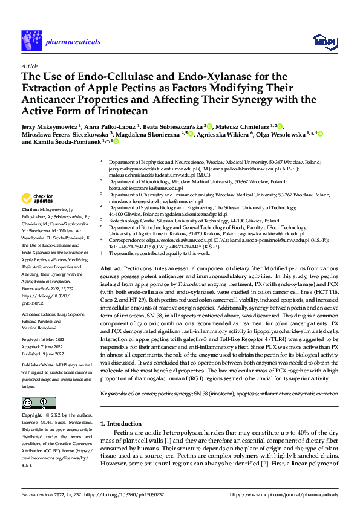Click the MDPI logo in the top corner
[321, 41]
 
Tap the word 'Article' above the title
[29, 65]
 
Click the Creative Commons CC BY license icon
[36, 403]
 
